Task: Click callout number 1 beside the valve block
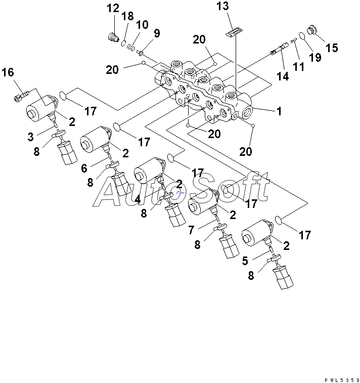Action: click(x=279, y=111)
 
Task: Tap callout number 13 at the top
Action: click(x=222, y=6)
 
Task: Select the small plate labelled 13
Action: click(x=234, y=32)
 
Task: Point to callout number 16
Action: click(x=8, y=72)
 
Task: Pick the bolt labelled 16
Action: click(x=22, y=95)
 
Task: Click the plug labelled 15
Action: click(x=312, y=30)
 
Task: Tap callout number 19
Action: click(x=315, y=57)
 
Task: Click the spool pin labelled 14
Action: click(x=280, y=49)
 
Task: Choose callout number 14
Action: click(x=283, y=76)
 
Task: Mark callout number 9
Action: click(x=157, y=33)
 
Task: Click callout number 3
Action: click(x=30, y=137)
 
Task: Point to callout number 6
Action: click(x=84, y=168)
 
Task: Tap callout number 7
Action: click(x=191, y=230)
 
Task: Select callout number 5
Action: click(x=245, y=261)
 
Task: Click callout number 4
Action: click(x=138, y=199)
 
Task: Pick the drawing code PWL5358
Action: click(x=342, y=380)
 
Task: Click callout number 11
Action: click(x=299, y=66)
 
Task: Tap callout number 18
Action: click(x=127, y=16)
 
